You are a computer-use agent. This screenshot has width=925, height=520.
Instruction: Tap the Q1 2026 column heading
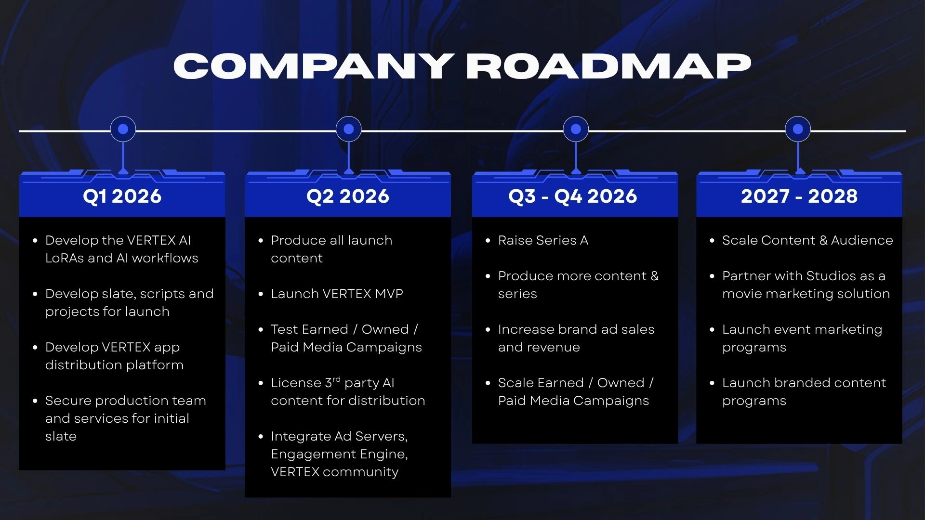click(x=122, y=196)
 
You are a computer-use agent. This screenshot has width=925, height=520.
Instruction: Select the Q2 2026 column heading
click(x=348, y=196)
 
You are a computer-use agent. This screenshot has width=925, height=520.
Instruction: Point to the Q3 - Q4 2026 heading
click(x=573, y=196)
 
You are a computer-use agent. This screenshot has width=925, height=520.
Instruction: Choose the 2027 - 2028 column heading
click(x=799, y=196)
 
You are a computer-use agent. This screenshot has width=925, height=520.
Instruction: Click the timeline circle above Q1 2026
click(x=123, y=129)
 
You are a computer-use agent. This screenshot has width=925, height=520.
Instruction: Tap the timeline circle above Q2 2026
click(x=349, y=129)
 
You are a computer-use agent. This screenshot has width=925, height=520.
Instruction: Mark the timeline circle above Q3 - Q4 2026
click(x=576, y=129)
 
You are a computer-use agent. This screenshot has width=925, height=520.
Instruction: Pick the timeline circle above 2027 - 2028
click(x=798, y=129)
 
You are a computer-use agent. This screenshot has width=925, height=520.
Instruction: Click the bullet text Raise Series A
click(x=543, y=240)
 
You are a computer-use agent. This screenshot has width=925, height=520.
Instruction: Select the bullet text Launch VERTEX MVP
click(x=337, y=294)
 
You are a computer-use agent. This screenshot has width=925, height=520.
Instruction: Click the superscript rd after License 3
click(x=336, y=379)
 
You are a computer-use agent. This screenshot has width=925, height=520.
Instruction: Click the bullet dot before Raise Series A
click(x=488, y=240)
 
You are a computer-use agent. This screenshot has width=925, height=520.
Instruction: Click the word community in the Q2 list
click(x=360, y=472)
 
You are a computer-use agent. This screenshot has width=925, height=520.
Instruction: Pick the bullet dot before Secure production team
click(x=35, y=401)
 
